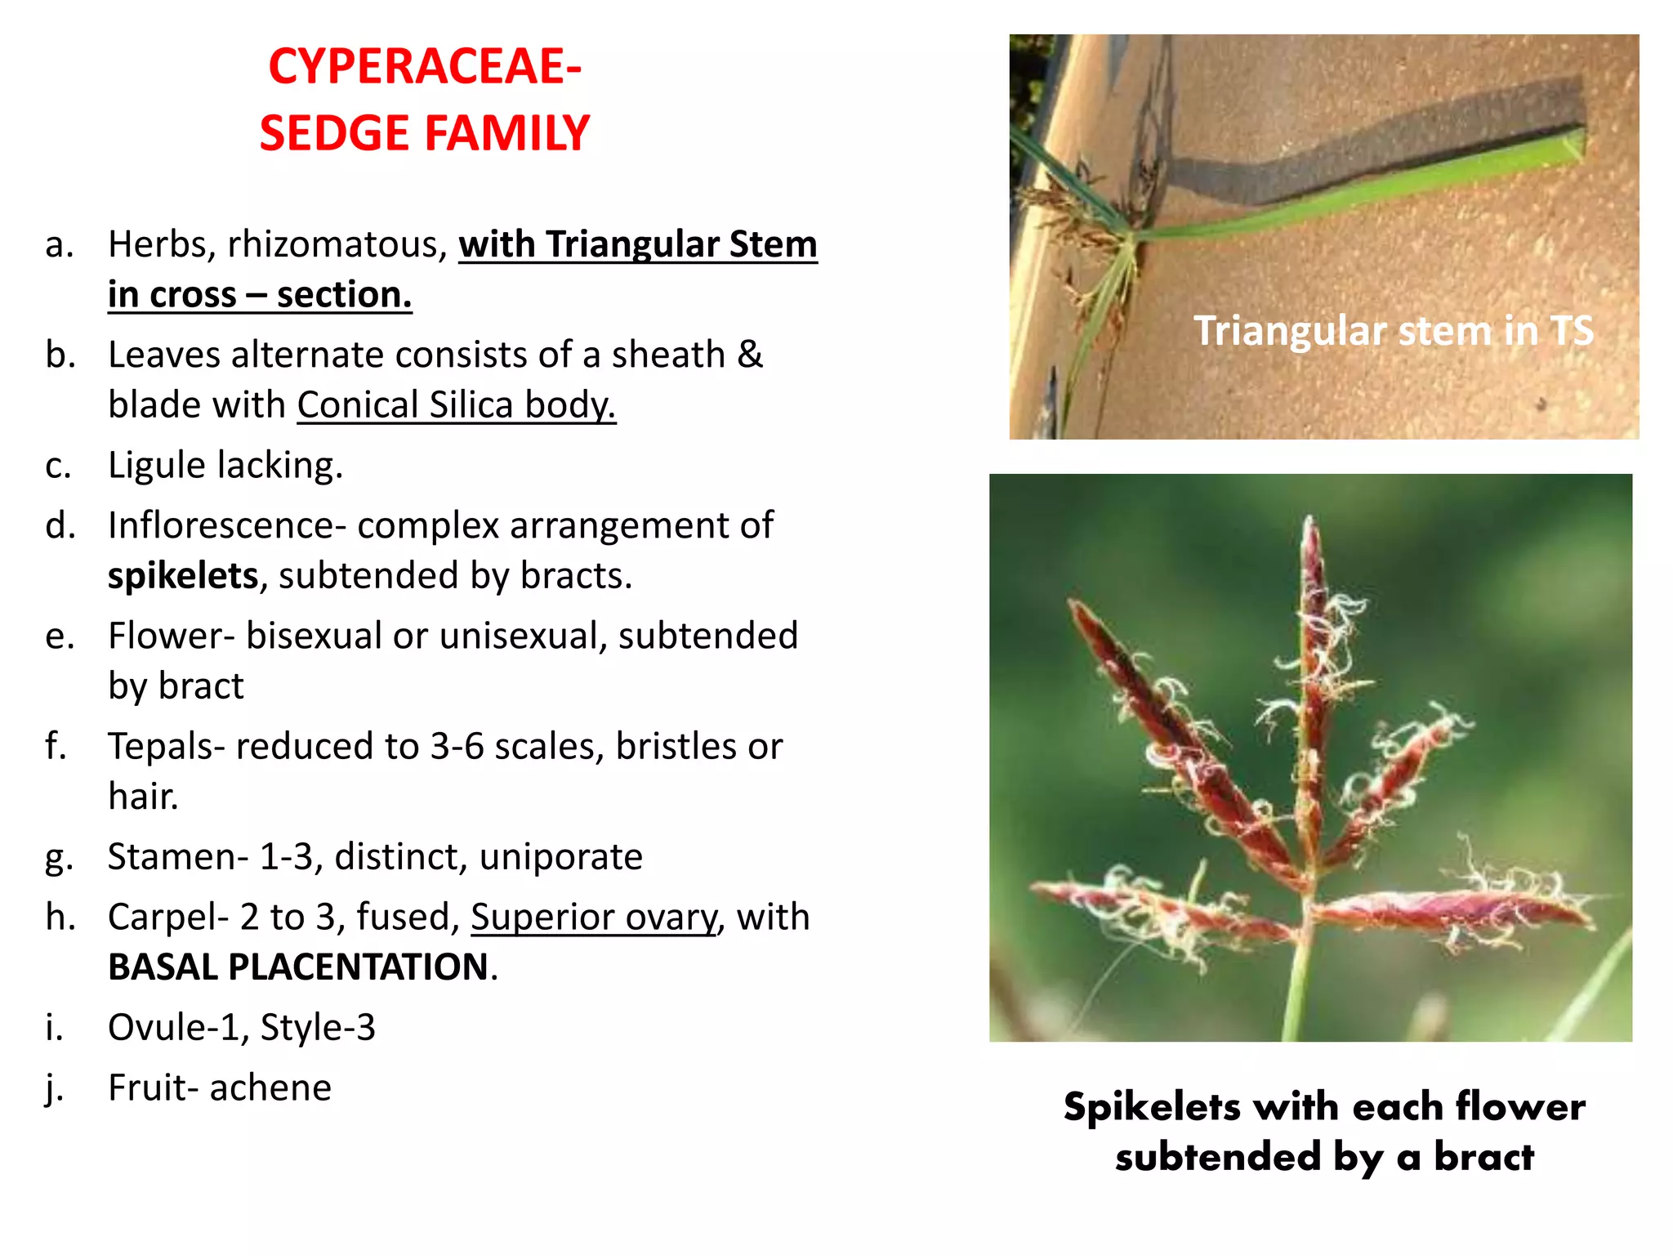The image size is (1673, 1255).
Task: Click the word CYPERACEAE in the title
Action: coord(419,67)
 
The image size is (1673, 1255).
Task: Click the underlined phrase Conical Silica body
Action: coord(456,405)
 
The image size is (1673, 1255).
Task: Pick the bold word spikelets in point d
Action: coord(183,576)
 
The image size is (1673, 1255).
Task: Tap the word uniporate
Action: coord(561,857)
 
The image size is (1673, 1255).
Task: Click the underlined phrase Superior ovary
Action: coord(594,918)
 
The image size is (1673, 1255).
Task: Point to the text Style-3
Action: coord(318,1028)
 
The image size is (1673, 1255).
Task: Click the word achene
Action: coord(270,1088)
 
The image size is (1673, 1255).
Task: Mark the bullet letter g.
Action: coord(59,859)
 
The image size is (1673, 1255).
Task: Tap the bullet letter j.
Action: coord(54,1088)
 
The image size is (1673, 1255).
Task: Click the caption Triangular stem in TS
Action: coord(1393,331)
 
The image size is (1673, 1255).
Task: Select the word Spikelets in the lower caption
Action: coord(1152,1107)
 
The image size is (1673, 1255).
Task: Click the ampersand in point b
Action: coord(750,355)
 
